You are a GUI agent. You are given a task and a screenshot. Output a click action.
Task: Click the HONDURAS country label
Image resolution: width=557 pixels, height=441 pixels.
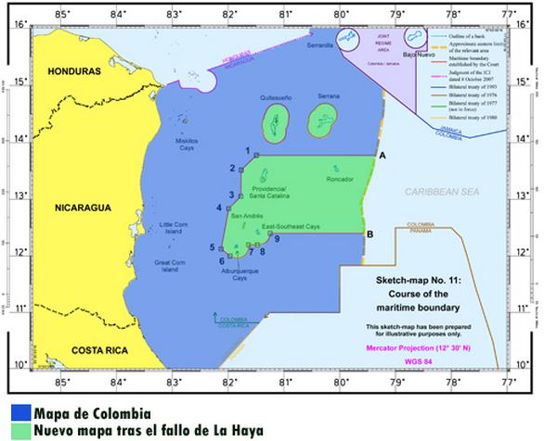pos(66,71)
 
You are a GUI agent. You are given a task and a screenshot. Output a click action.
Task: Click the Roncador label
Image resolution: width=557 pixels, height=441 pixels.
pos(342,181)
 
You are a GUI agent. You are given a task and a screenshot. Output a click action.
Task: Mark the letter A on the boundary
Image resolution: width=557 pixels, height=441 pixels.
pos(382,157)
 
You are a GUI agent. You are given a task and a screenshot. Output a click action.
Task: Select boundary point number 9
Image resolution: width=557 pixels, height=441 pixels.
pos(277,239)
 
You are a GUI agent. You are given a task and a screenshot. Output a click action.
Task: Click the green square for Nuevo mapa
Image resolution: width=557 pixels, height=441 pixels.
pos(19,430)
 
